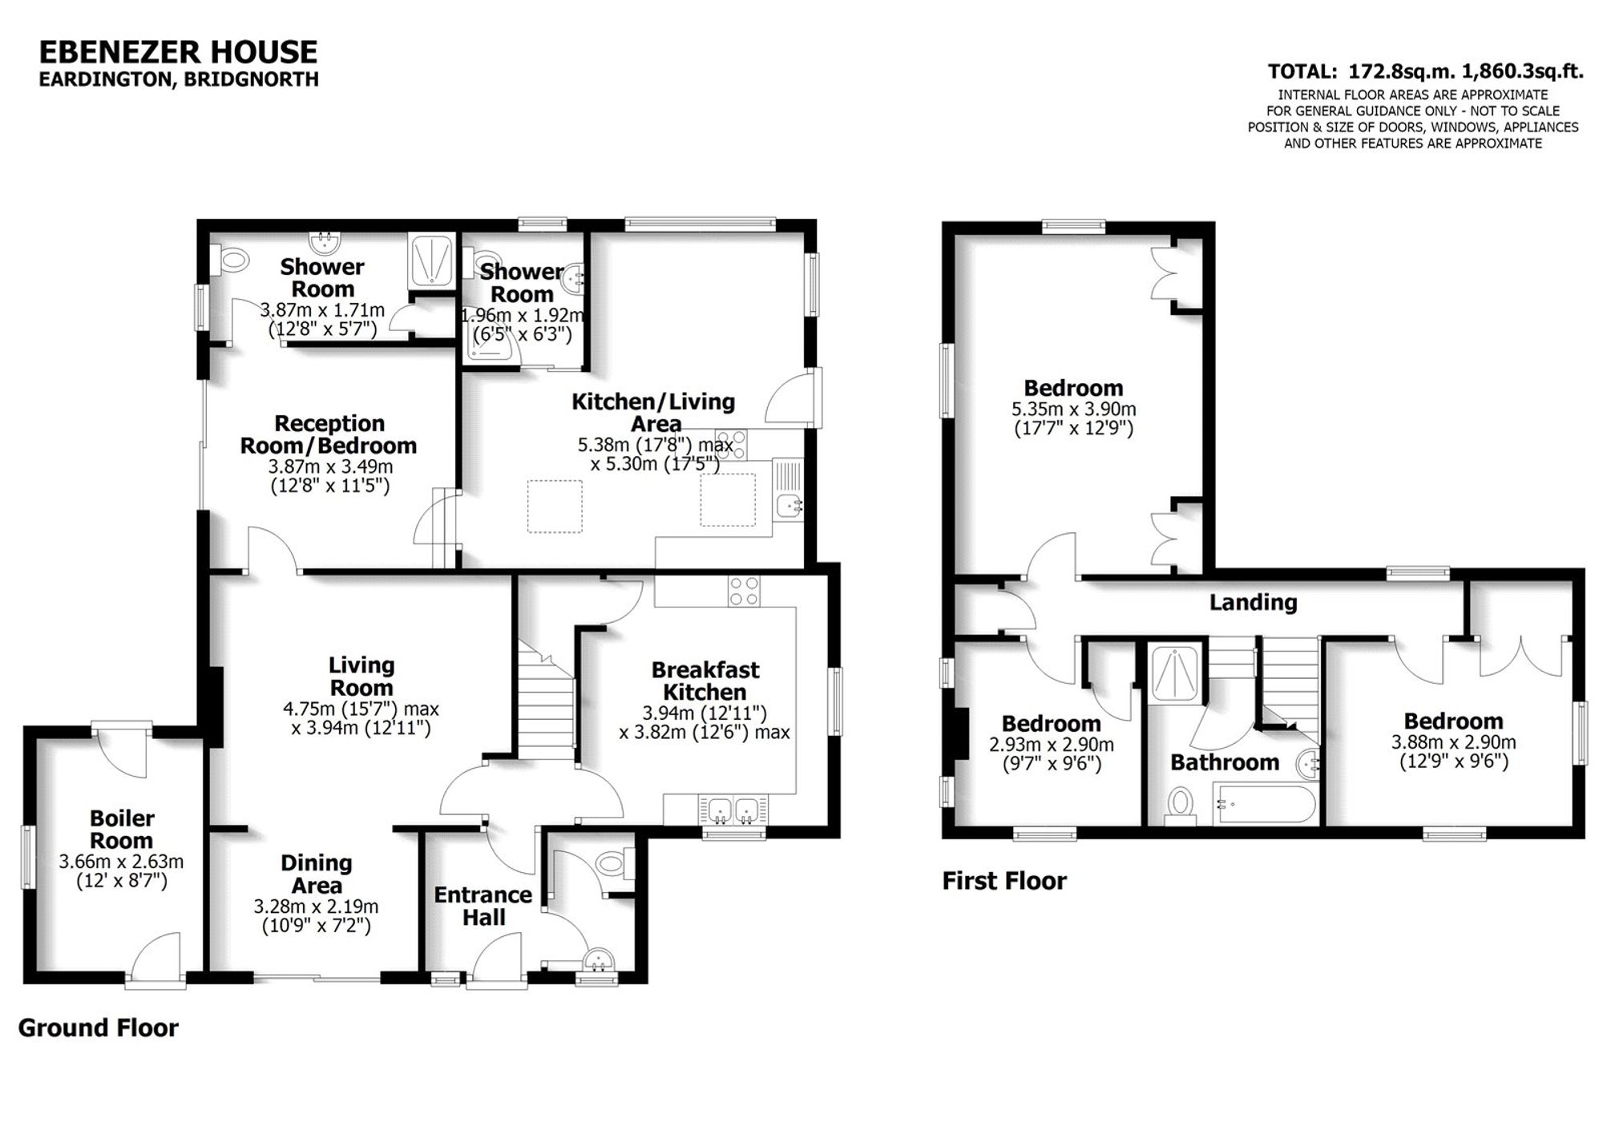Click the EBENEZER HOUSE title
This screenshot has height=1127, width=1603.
[178, 52]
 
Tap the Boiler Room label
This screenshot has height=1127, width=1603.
[122, 830]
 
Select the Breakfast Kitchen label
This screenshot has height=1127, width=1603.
[705, 681]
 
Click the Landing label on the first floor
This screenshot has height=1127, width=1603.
[1253, 602]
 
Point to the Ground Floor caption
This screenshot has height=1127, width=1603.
[99, 1028]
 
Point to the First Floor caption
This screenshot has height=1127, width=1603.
[1004, 881]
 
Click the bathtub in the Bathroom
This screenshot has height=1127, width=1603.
[1264, 804]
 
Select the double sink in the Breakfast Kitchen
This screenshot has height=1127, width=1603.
[733, 810]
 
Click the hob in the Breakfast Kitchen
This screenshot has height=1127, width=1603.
[744, 592]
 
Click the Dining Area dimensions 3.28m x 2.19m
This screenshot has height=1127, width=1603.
[316, 907]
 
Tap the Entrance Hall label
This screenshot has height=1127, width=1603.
[483, 906]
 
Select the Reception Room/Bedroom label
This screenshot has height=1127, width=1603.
[329, 434]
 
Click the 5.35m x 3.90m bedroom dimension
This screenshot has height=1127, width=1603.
[1073, 409]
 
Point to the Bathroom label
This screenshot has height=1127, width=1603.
[1224, 762]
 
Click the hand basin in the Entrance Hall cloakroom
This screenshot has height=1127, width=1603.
[597, 959]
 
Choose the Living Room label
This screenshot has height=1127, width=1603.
[361, 676]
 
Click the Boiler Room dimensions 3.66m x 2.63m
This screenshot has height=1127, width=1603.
[121, 862]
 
